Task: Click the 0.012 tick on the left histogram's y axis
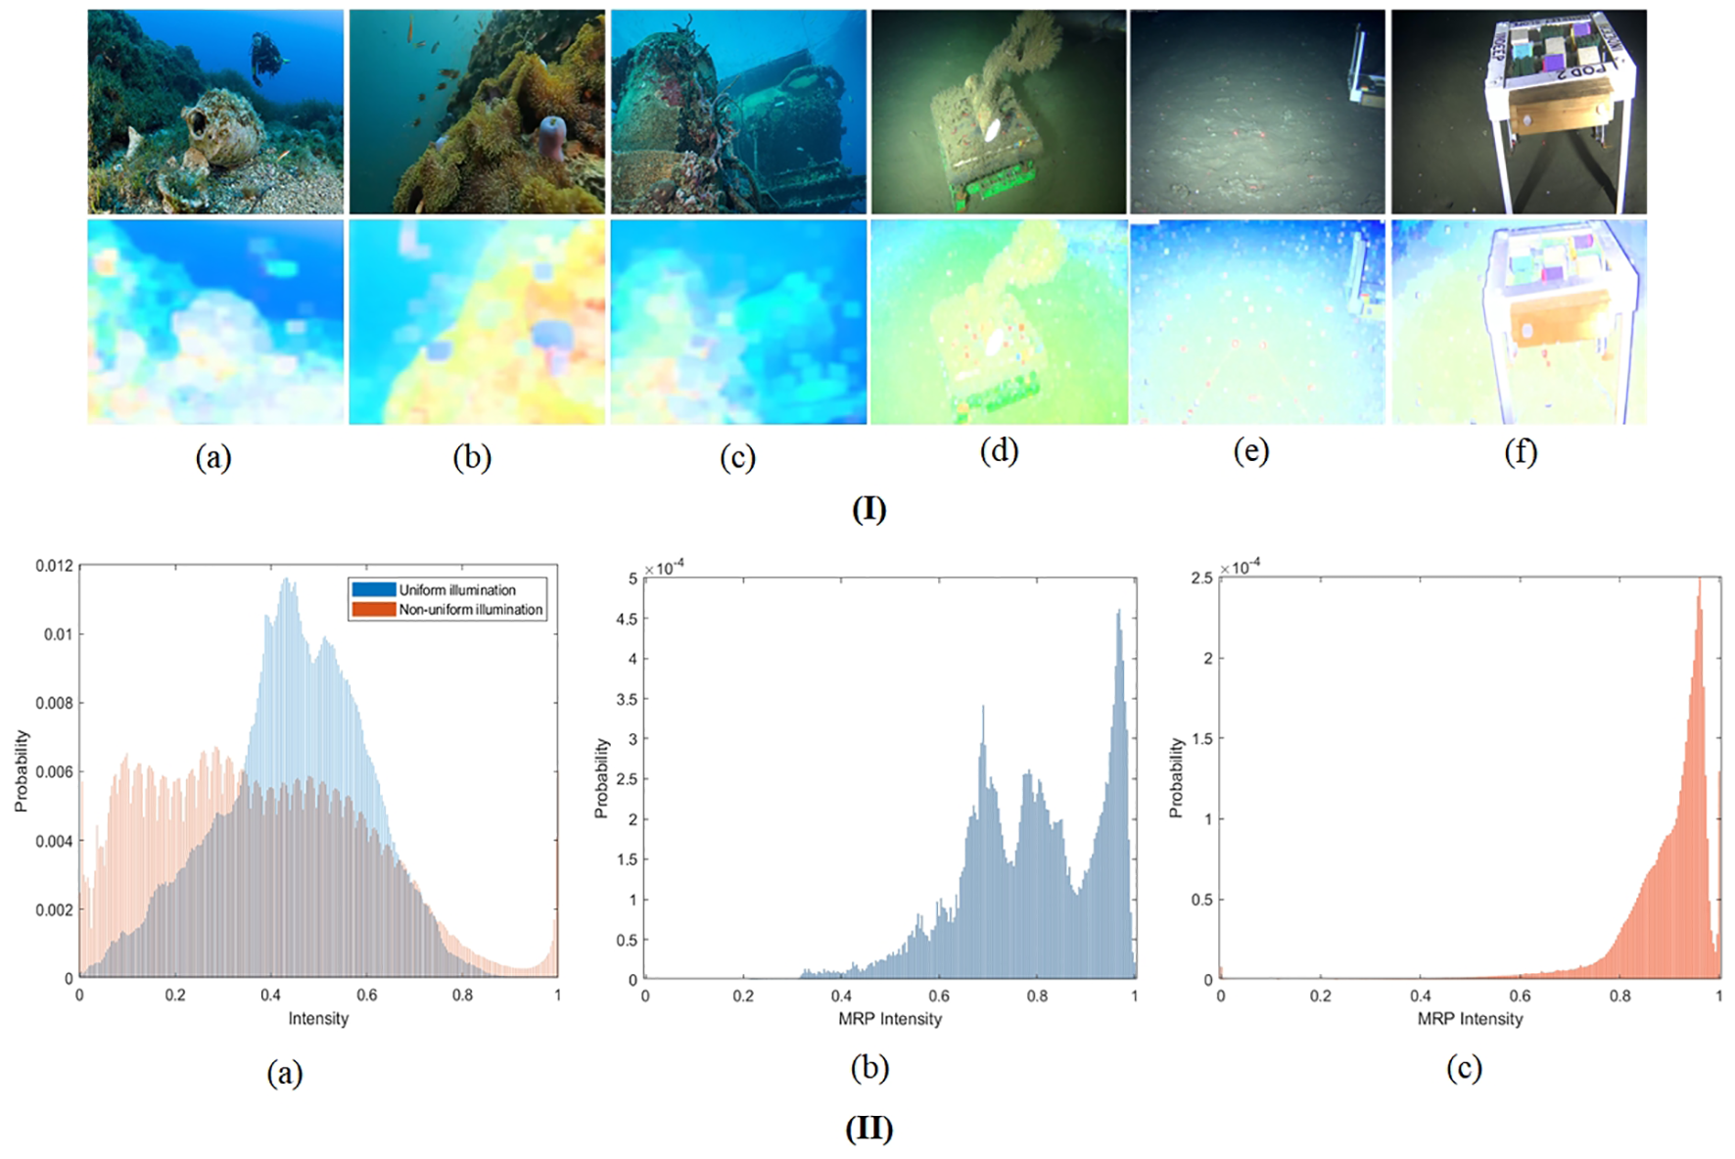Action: tap(54, 566)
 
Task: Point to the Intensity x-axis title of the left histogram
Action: tap(318, 1019)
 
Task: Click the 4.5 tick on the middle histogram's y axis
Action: tap(627, 619)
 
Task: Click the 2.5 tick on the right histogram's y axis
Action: tap(1201, 579)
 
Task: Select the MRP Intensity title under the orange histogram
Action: tap(1470, 1019)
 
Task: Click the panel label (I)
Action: tap(868, 509)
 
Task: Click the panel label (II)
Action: tap(868, 1129)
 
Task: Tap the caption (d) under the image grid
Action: tap(999, 451)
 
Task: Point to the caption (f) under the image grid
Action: tap(1520, 451)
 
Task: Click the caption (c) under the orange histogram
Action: tap(1464, 1068)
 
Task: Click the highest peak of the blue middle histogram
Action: tap(1118, 613)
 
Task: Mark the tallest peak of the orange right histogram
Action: tap(1700, 581)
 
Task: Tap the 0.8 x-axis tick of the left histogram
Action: tap(462, 996)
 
